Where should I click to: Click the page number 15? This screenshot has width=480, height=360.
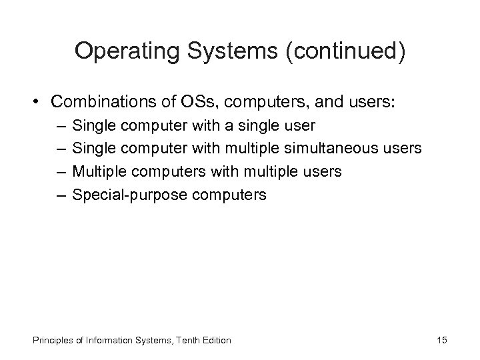[442, 340]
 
